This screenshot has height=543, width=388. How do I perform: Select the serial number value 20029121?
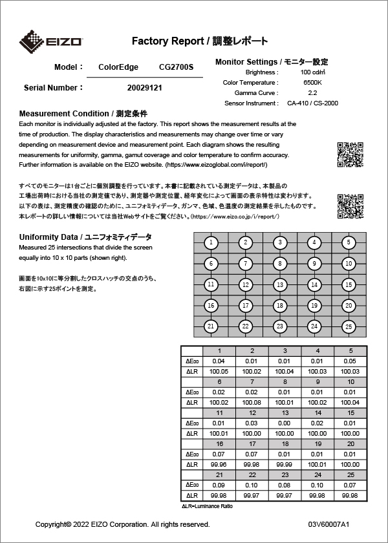coord(145,87)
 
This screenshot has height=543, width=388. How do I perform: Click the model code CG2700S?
coord(176,67)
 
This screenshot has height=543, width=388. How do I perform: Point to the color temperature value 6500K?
coord(312,83)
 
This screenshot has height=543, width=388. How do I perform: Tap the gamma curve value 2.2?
coord(312,93)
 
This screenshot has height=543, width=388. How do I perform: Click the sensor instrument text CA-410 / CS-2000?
coord(312,103)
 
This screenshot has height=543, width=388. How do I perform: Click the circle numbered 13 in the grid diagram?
coord(279,284)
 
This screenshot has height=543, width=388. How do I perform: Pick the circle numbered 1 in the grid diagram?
coord(211,242)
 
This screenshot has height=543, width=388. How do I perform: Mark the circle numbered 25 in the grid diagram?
coord(349,326)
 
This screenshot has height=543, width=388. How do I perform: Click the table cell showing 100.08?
coord(252,402)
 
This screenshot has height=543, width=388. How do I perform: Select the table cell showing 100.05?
coord(219,371)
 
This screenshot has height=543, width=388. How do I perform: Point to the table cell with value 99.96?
coord(219,464)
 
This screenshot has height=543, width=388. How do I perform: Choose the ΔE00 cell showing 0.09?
coord(219,485)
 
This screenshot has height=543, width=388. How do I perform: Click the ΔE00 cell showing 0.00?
coord(285,423)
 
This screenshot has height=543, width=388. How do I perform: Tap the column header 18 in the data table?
coord(285,444)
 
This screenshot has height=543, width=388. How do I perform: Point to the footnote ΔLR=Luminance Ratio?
coord(206,506)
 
